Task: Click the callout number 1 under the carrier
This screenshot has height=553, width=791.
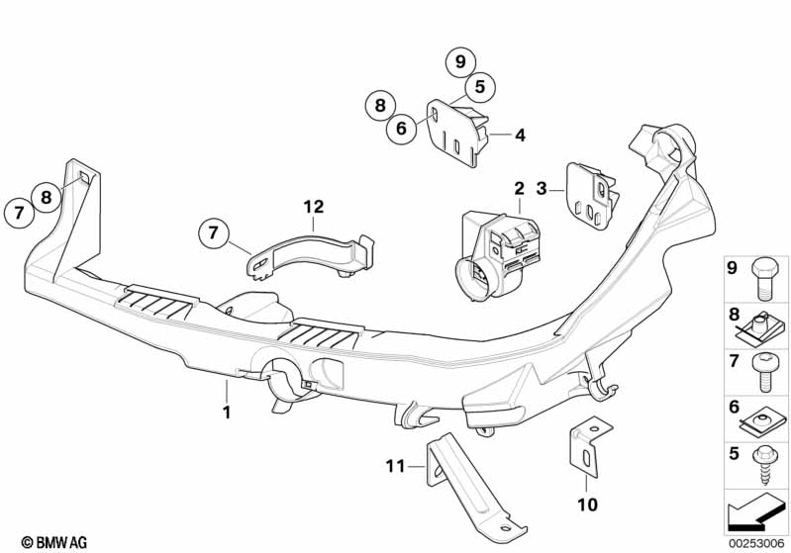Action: click(226, 412)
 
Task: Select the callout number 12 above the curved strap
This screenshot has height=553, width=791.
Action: click(314, 207)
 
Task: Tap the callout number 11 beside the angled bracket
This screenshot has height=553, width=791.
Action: click(396, 466)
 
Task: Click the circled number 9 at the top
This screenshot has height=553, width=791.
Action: click(460, 61)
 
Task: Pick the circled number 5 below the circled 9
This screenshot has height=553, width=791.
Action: click(479, 87)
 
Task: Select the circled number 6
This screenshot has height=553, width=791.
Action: click(402, 128)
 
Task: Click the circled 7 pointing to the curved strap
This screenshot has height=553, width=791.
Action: click(212, 233)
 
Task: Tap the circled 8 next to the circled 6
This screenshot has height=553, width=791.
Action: click(378, 103)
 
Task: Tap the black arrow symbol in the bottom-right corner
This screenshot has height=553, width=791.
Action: click(757, 512)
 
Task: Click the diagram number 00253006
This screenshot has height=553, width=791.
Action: click(757, 541)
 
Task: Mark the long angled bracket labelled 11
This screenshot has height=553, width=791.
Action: click(465, 485)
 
